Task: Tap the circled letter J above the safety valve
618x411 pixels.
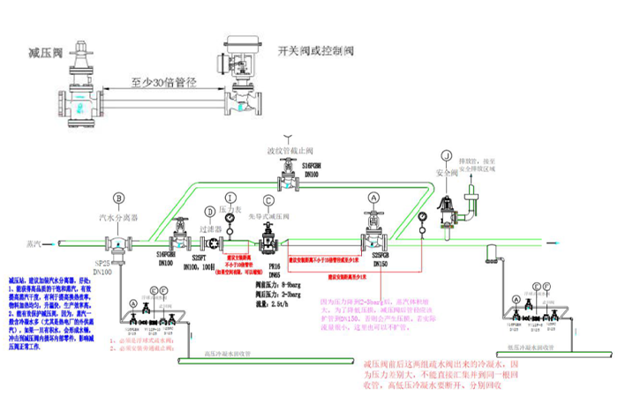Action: click(448, 156)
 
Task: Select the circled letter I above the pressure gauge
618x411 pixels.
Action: click(230, 197)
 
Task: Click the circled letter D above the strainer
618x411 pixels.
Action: click(209, 212)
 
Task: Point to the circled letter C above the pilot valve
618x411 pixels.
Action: click(268, 199)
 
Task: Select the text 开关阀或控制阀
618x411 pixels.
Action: click(315, 50)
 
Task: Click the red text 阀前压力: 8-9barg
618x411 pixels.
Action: click(276, 285)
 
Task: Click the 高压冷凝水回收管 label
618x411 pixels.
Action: click(230, 354)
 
